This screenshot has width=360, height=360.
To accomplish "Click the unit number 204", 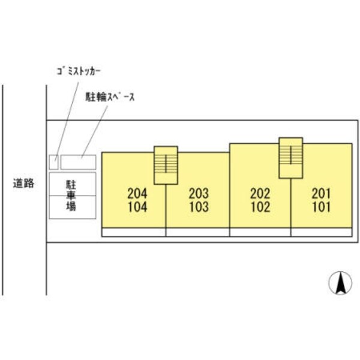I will [x=137, y=193].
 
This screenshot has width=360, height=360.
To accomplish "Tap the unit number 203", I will [x=198, y=193].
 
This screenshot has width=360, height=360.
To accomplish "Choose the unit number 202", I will [x=260, y=193].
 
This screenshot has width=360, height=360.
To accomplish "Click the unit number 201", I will [x=322, y=193].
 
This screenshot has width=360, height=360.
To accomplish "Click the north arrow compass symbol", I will [x=340, y=283].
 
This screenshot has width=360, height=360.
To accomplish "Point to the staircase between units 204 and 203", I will [x=166, y=165].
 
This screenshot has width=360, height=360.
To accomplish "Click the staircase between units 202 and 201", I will [x=291, y=157].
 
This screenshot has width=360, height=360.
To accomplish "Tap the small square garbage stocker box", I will [x=54, y=161].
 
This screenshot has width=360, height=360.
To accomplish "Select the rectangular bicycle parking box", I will [x=78, y=161].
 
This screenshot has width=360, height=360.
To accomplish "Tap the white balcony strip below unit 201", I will [x=322, y=232].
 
